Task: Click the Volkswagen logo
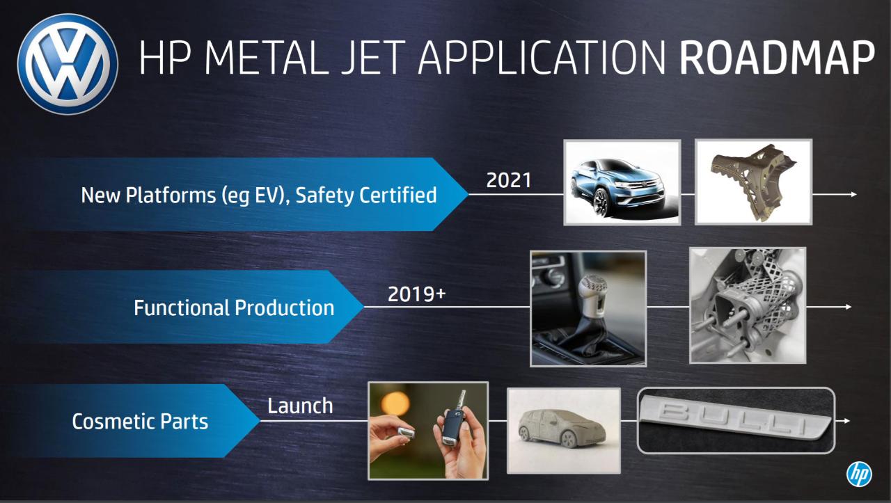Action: click(x=68, y=65)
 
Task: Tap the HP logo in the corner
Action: click(x=859, y=474)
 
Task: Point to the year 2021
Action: click(x=509, y=180)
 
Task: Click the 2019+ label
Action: click(x=417, y=294)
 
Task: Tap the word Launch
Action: click(x=300, y=406)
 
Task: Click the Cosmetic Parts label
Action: click(x=140, y=422)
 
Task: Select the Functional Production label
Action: click(x=234, y=308)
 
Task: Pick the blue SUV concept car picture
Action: click(x=622, y=182)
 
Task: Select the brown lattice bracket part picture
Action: click(x=753, y=182)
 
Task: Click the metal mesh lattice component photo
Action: click(x=748, y=305)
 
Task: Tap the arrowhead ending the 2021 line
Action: click(x=853, y=194)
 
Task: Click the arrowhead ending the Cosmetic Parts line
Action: click(x=846, y=421)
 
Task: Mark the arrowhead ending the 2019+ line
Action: click(x=848, y=307)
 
